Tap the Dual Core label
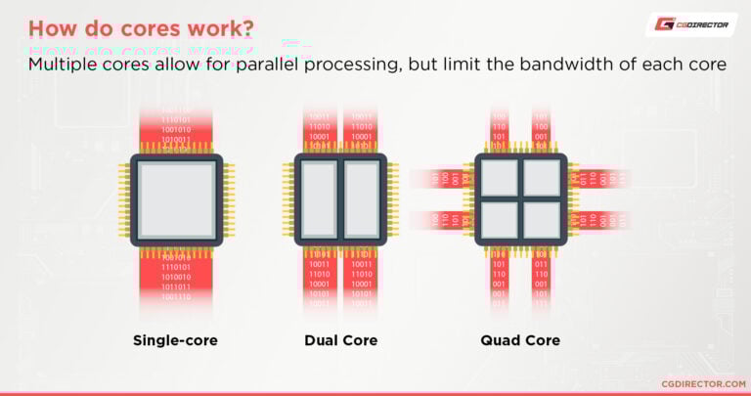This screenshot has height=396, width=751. coord(340,340)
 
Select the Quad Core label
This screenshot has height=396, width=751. coord(520,340)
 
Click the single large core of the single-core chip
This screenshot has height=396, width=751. coord(177,199)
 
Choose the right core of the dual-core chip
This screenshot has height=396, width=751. coord(361,199)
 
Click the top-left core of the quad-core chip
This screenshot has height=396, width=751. coord(499,179)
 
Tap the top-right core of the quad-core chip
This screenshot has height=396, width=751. coord(541,179)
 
